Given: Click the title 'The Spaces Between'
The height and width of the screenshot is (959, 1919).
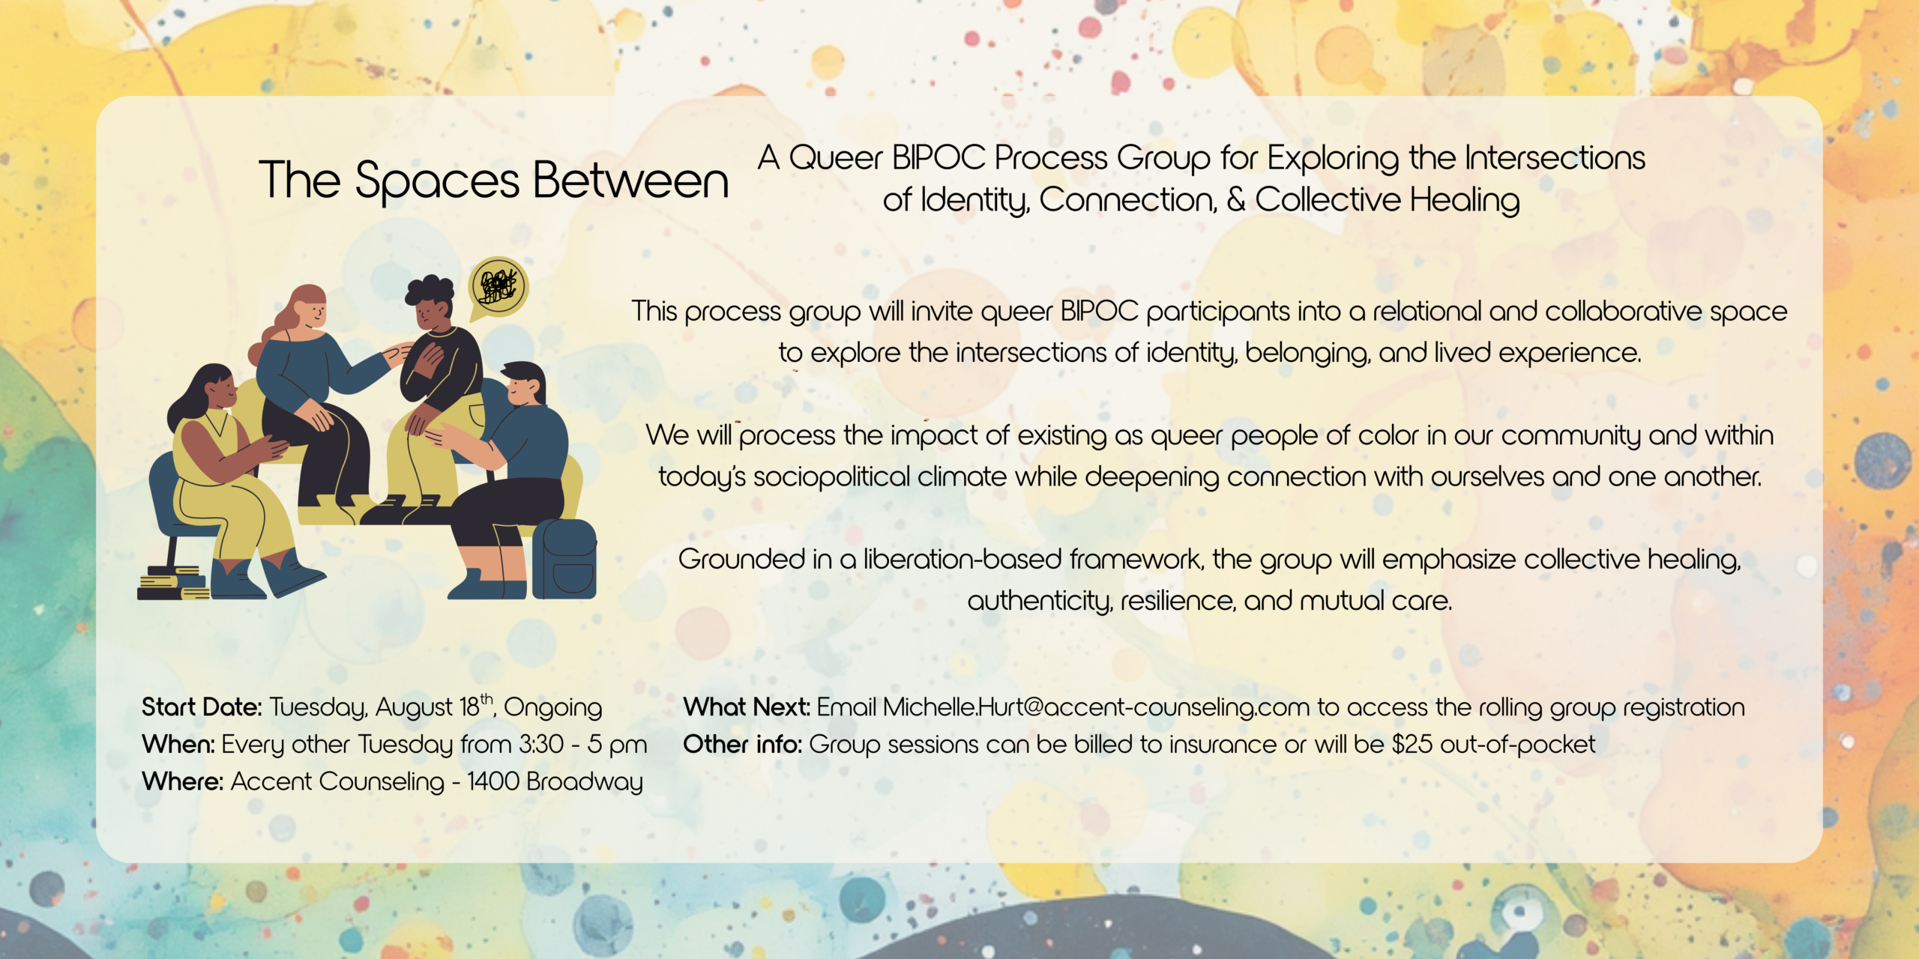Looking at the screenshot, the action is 494,181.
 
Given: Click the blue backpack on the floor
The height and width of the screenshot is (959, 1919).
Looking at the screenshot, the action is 564,558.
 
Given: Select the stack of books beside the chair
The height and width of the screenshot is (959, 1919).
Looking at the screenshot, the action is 173,584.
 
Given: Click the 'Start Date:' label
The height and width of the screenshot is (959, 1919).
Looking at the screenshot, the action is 202,707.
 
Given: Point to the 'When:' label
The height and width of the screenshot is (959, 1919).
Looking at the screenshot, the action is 178,745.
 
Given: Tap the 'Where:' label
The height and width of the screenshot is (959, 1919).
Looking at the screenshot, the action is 183,781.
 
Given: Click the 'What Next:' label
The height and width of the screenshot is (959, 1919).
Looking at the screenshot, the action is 747,707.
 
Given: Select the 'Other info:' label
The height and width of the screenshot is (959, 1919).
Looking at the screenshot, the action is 743,745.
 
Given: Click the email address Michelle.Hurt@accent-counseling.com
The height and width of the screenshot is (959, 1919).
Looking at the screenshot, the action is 1096,707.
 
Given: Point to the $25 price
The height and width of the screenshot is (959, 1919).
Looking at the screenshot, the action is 1412,745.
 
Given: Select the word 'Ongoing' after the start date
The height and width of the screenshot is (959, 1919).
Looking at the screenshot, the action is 553,708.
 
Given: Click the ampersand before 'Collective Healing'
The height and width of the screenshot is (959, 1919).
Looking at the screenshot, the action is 1236,199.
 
